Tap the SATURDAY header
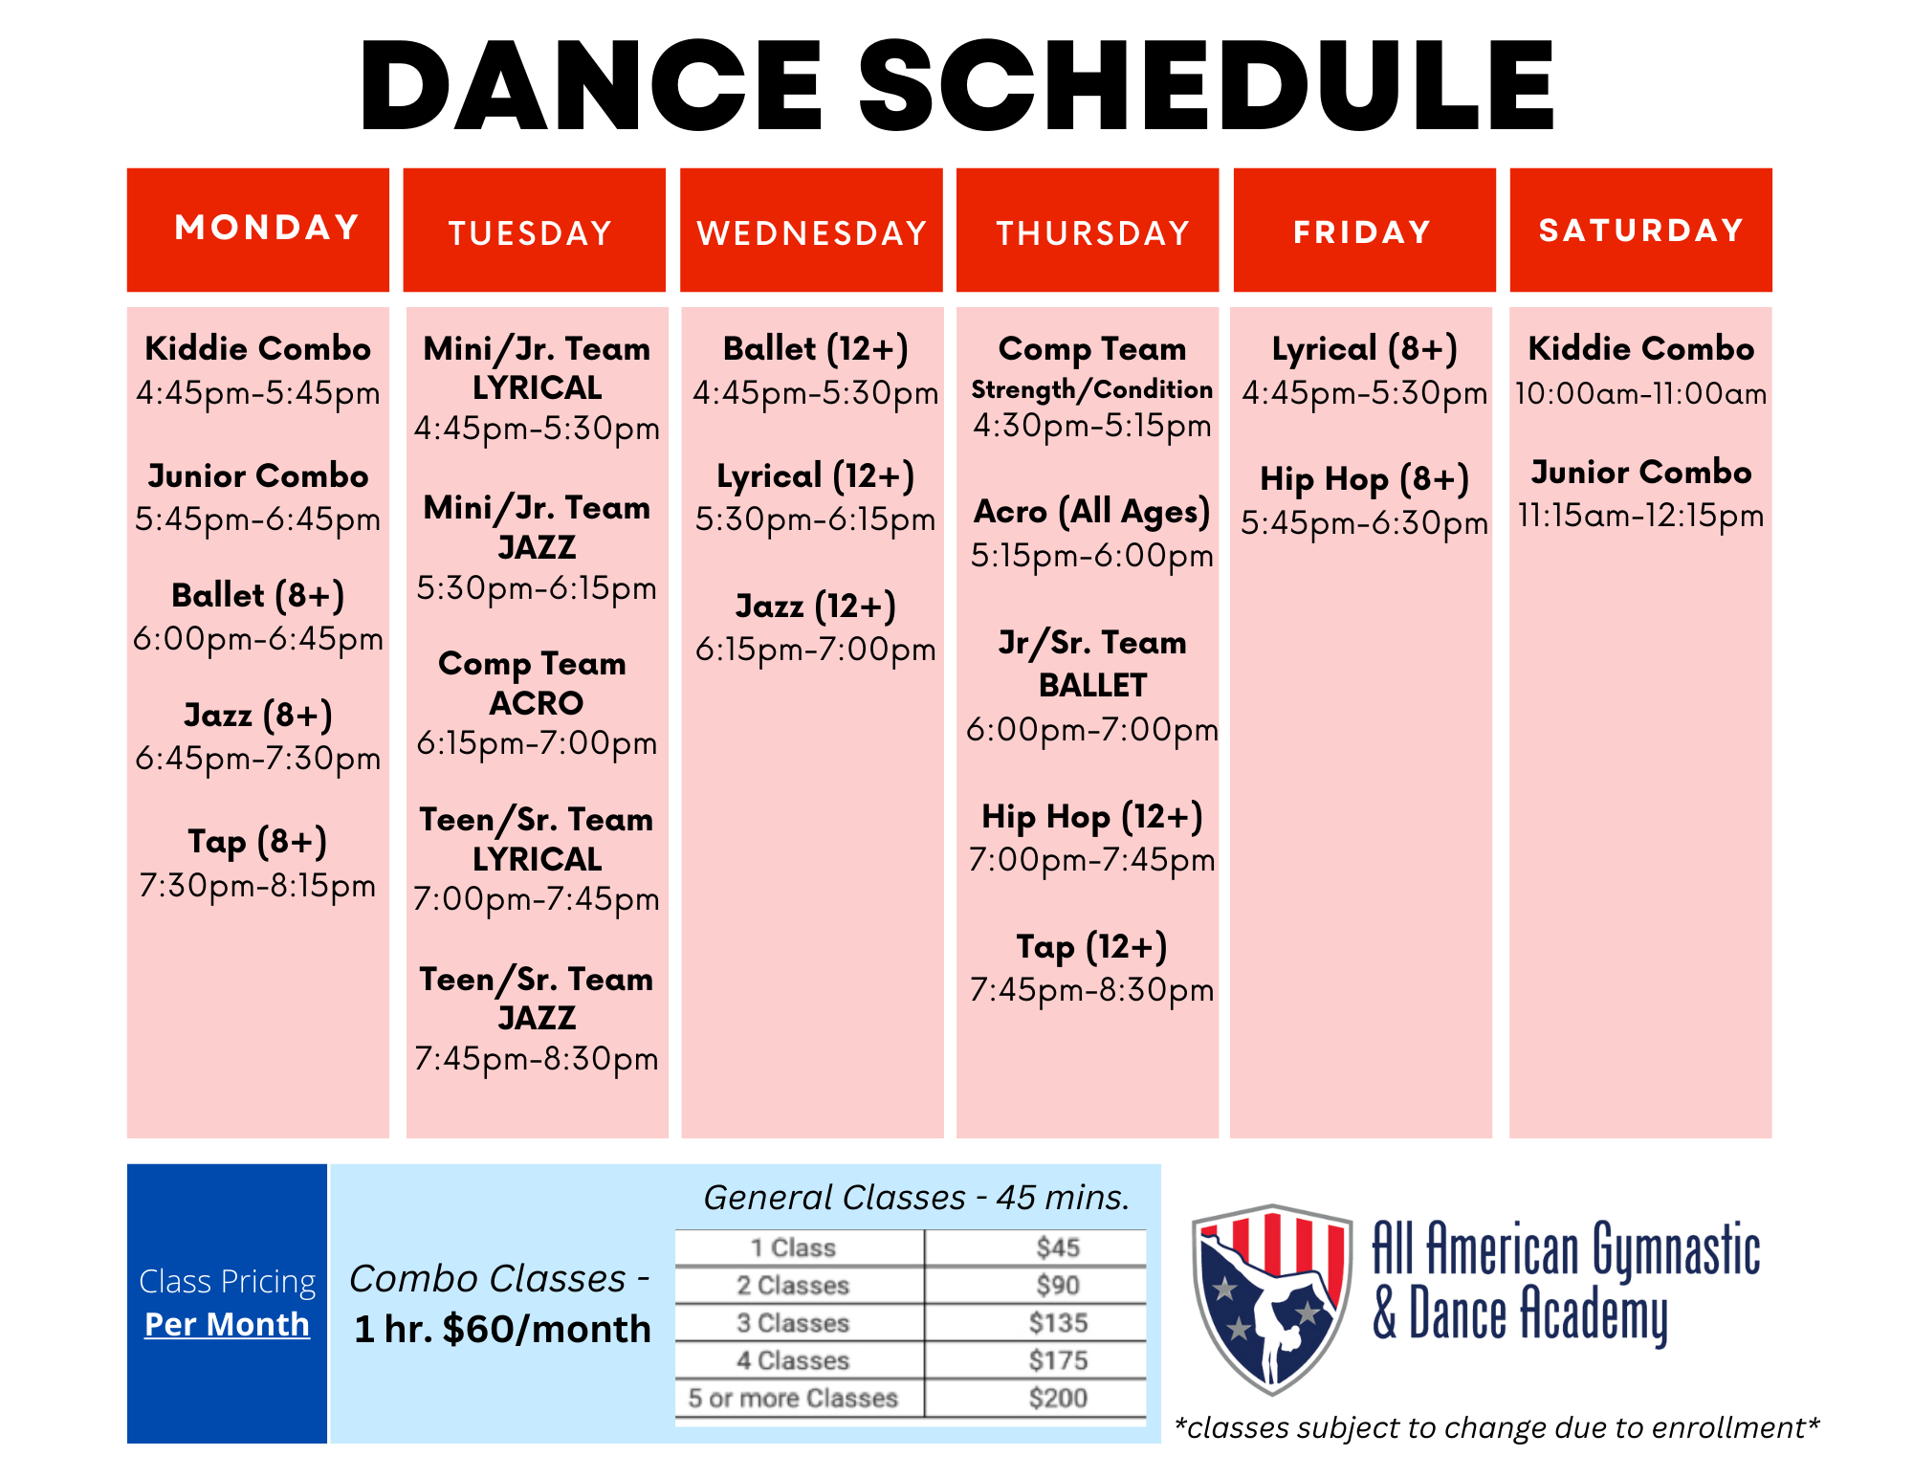(1641, 231)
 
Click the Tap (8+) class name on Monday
(257, 842)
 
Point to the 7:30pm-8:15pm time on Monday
(257, 886)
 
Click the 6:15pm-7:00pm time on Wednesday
(815, 650)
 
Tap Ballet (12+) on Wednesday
(815, 349)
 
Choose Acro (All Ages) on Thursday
(1092, 513)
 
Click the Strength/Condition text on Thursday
(1092, 389)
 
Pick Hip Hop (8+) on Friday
(1364, 479)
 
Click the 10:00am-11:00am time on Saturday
(1641, 393)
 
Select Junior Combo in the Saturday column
(1641, 473)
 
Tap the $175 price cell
(1058, 1360)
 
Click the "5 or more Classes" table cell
(793, 1398)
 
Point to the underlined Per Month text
(227, 1324)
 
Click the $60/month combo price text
(547, 1329)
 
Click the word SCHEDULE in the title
(1207, 85)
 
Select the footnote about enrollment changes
(1496, 1427)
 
